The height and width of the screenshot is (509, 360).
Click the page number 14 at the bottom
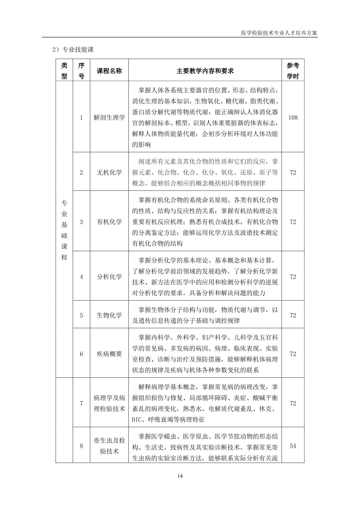tap(180, 476)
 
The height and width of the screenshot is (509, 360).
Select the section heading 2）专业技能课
tap(73, 50)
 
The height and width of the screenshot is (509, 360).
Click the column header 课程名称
tap(109, 71)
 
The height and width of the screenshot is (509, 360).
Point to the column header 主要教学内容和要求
tap(205, 71)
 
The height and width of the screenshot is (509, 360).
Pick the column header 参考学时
tap(293, 71)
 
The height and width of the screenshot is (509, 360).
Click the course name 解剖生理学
tap(109, 117)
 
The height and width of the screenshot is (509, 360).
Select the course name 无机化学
tap(109, 172)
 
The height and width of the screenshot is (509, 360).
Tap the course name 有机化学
tap(109, 222)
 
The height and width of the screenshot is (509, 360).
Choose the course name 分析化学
tap(109, 277)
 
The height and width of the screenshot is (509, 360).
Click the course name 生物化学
tap(109, 315)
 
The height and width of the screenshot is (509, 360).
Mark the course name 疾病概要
tap(109, 354)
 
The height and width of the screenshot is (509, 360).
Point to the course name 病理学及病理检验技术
tap(109, 403)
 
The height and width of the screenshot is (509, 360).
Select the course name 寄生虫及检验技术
tap(109, 446)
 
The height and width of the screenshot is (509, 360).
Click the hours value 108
tap(293, 117)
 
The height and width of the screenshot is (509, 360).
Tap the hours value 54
tap(293, 446)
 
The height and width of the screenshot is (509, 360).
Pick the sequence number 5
tap(81, 315)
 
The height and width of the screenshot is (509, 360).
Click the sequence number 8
tap(81, 446)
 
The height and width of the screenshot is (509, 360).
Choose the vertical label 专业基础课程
tap(64, 230)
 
